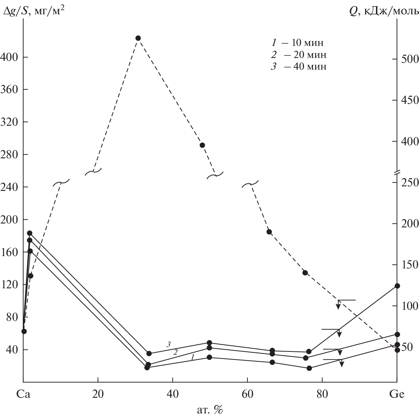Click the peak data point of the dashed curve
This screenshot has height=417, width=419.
tap(138, 38)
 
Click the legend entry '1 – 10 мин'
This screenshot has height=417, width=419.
tap(298, 43)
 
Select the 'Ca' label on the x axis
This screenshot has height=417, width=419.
tap(23, 395)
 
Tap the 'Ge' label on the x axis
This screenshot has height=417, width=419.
tap(397, 395)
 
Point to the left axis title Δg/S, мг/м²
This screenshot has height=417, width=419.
tap(33, 12)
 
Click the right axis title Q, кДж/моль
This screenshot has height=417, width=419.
tap(383, 12)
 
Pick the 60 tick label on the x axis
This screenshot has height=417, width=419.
tap(247, 395)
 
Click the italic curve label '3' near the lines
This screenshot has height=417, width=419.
tap(169, 344)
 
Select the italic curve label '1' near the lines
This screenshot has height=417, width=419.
tap(192, 357)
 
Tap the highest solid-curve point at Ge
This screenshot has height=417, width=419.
tap(397, 286)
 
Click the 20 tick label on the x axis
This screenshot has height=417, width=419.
tap(98, 395)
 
